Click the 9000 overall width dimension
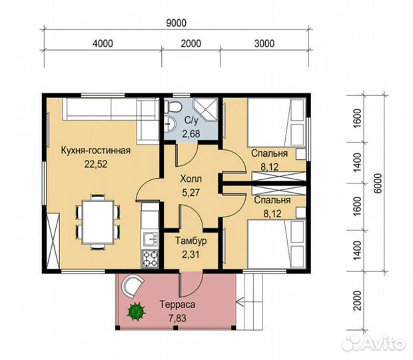(x=177, y=23)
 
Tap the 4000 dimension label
(x=103, y=43)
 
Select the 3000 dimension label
(x=264, y=43)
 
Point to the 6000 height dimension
(x=378, y=183)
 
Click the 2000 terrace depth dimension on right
(x=357, y=301)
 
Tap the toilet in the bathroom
(x=173, y=107)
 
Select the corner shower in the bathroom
(x=206, y=110)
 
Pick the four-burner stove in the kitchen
(x=151, y=259)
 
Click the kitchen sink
(x=151, y=239)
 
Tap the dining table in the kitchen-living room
(x=98, y=222)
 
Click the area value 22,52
(x=96, y=164)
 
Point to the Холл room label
(x=191, y=179)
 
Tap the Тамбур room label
(x=191, y=241)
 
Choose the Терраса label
(x=178, y=305)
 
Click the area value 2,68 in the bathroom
(x=191, y=134)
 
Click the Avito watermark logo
(x=374, y=343)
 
